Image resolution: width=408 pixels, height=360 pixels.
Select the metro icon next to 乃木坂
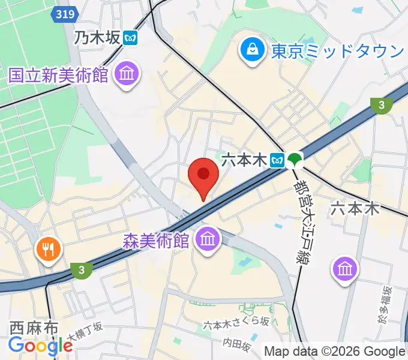point(131,39)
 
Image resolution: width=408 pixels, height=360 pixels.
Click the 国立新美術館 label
point(58,76)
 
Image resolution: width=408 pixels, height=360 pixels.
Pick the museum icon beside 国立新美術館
point(127,76)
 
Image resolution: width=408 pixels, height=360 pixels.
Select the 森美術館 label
point(156,241)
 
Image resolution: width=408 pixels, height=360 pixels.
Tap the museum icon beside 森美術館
point(208,241)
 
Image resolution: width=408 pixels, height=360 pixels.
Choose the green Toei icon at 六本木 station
point(295,160)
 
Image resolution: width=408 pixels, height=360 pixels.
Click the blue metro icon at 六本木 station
point(277,160)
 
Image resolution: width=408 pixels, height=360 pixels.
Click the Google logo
point(41,346)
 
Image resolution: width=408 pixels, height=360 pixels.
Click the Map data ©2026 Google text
point(335,352)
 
